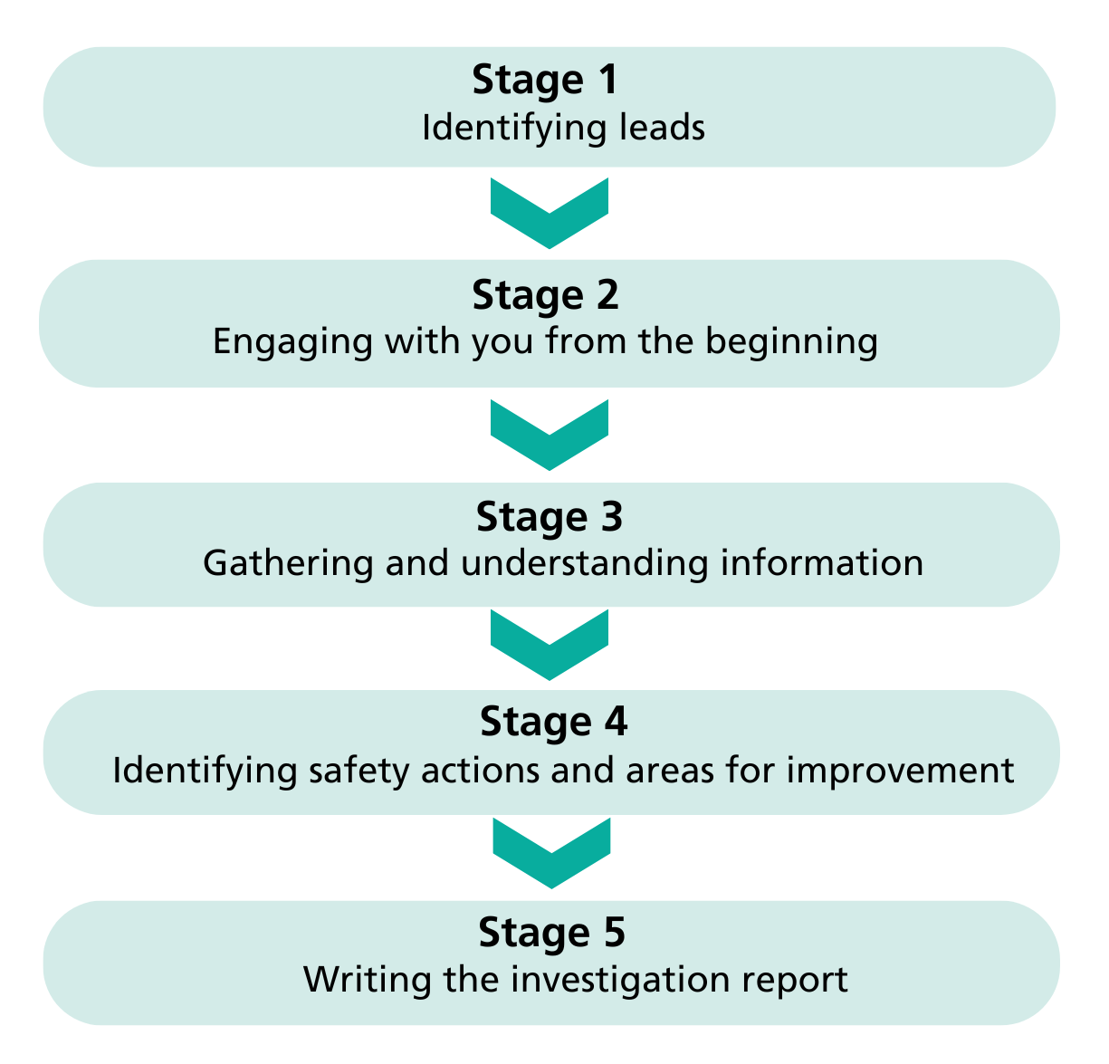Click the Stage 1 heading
[x=545, y=80]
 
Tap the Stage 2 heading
[x=545, y=295]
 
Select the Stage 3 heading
[x=550, y=517]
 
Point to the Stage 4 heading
[x=553, y=722]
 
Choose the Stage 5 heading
[x=551, y=932]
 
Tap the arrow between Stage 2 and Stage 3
[x=550, y=434]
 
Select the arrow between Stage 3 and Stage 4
[x=550, y=644]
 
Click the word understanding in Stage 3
[x=584, y=563]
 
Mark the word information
[x=822, y=562]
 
